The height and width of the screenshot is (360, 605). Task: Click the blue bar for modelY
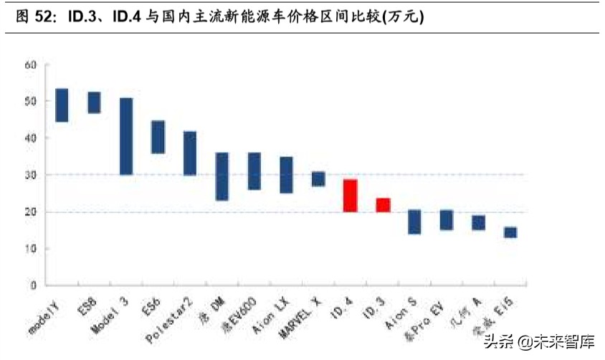[x=62, y=105]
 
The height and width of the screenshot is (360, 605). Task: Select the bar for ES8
[x=94, y=103]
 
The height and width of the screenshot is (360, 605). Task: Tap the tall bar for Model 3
[x=126, y=136]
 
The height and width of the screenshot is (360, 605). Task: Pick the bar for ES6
[x=158, y=137]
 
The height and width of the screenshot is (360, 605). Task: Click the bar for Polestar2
[x=190, y=153]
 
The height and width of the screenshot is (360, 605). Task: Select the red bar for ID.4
[x=351, y=195]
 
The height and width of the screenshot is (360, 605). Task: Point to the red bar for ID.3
[x=383, y=205]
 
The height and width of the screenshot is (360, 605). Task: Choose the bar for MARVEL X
[x=318, y=179]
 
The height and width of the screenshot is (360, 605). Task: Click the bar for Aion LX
[x=286, y=175]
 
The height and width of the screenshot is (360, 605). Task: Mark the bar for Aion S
[x=414, y=222]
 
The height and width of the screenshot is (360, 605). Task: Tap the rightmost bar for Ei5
[x=510, y=232]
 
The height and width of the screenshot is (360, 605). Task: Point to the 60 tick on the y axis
[x=30, y=65]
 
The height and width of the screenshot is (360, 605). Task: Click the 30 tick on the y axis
[x=30, y=175]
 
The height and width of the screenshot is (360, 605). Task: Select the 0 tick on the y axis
[x=33, y=285]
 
